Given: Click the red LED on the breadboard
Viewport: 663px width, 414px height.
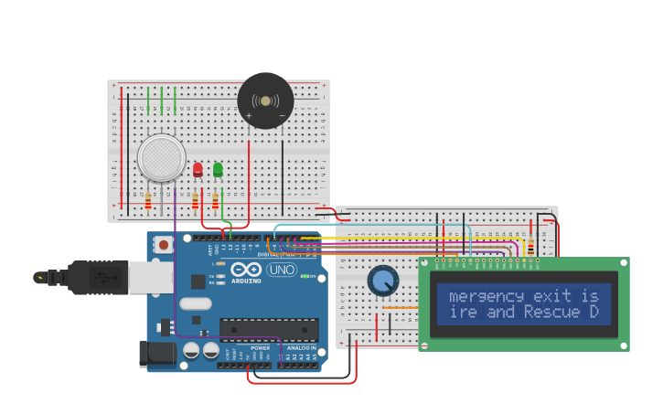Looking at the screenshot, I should coord(198,169).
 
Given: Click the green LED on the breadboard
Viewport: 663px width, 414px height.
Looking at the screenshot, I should coord(218,169).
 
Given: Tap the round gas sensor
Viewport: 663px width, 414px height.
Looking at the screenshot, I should coord(162,158).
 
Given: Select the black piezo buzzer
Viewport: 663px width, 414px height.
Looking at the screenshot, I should coord(265,101).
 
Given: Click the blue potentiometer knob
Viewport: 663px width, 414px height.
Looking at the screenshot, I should coord(383,281).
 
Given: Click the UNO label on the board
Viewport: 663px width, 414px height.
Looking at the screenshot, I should coord(281,270).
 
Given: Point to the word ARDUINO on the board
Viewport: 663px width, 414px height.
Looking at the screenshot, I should coord(245,281).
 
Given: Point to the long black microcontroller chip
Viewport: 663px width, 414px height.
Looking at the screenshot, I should coord(269,330).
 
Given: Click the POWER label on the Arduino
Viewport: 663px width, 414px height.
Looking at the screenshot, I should coord(260,348).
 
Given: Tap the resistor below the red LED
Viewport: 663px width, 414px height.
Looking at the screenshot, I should coord(195,200).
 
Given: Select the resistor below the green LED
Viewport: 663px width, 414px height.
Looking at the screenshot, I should coord(215,200).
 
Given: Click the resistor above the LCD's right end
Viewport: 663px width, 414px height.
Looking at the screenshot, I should coord(530,246).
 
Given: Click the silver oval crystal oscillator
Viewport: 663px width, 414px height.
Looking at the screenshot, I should coord(195,303).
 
